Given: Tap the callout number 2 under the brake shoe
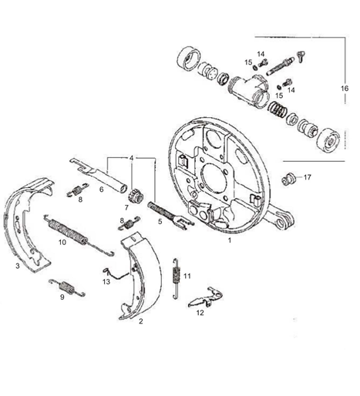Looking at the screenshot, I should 140,324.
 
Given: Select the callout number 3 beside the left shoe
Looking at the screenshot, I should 17,267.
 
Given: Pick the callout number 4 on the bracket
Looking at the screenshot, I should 133,157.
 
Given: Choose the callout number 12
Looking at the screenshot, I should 200,314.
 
